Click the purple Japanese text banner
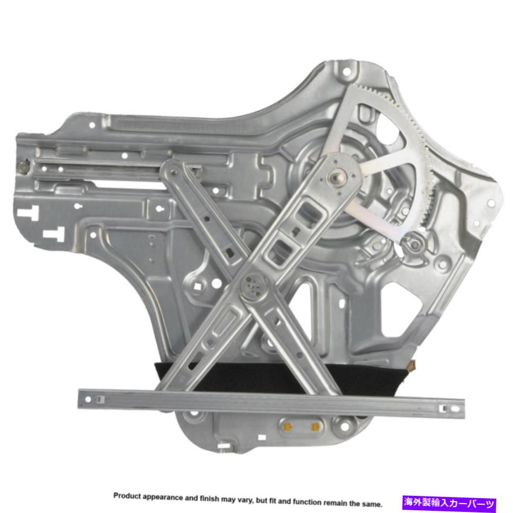(x=449, y=503)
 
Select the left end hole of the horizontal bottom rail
(x=88, y=399)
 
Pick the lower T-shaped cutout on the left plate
(x=54, y=234)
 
